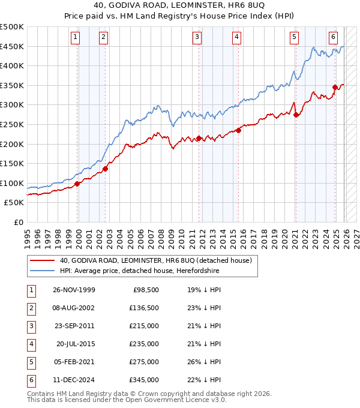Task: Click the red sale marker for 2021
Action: (296, 115)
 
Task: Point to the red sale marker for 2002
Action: (105, 169)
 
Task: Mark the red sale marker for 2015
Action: (238, 130)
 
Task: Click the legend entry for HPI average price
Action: (139, 271)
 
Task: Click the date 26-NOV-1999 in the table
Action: (73, 290)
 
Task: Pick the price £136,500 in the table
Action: (144, 308)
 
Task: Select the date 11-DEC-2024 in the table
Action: (73, 380)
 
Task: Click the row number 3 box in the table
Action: (31, 326)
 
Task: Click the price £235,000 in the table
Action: (144, 344)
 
